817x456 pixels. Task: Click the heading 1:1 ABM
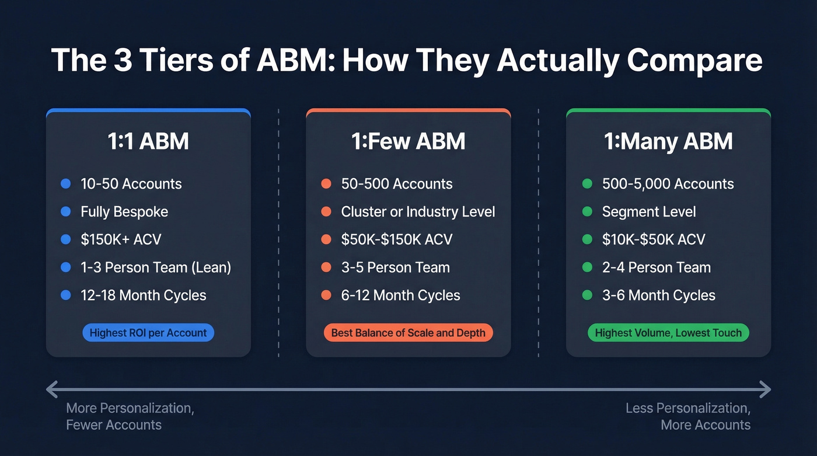(148, 142)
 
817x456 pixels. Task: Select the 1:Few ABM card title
(408, 142)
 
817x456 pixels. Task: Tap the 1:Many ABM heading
(668, 142)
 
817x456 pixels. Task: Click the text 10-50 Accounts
(131, 184)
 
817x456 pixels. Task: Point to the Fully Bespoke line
(124, 212)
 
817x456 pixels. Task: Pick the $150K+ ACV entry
(121, 239)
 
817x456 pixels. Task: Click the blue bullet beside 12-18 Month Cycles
(66, 295)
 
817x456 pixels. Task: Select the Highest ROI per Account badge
(148, 333)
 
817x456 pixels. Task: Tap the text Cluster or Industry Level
(418, 212)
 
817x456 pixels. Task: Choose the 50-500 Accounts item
(397, 184)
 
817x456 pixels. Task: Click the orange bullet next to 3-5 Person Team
(326, 267)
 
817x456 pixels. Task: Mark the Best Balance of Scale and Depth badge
(408, 333)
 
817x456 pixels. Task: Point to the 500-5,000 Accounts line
(668, 184)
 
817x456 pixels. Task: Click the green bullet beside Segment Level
(587, 212)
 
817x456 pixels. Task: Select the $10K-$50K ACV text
(654, 239)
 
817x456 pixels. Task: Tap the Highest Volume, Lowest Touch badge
(668, 333)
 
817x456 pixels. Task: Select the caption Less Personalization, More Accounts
(689, 416)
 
